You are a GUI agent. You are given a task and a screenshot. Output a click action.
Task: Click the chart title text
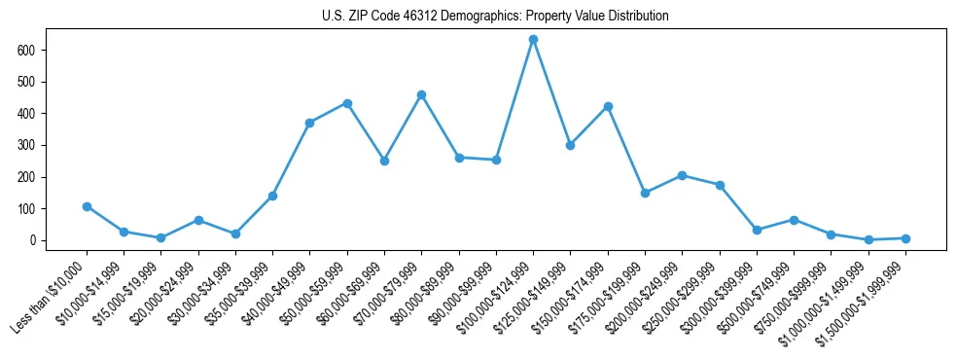point(495,17)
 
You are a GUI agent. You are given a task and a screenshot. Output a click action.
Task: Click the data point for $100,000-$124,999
point(533,40)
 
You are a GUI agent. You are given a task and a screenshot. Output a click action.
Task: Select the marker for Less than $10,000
point(87,206)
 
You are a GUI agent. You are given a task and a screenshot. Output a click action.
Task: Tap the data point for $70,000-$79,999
point(421,94)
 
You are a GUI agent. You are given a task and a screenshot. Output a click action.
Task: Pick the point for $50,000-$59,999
point(347,103)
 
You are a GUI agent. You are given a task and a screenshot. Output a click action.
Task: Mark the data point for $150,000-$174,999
point(608,106)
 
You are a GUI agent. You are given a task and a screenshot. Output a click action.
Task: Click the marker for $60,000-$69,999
point(384,161)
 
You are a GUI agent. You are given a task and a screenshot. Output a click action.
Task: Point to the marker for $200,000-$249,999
point(682,175)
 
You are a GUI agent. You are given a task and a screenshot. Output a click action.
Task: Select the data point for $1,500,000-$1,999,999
point(905,238)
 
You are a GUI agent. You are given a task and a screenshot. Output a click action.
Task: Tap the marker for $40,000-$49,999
point(309,123)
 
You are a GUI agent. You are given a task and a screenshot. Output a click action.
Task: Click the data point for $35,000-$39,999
point(272,196)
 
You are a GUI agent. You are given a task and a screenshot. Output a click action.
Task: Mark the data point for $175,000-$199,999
point(645,193)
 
